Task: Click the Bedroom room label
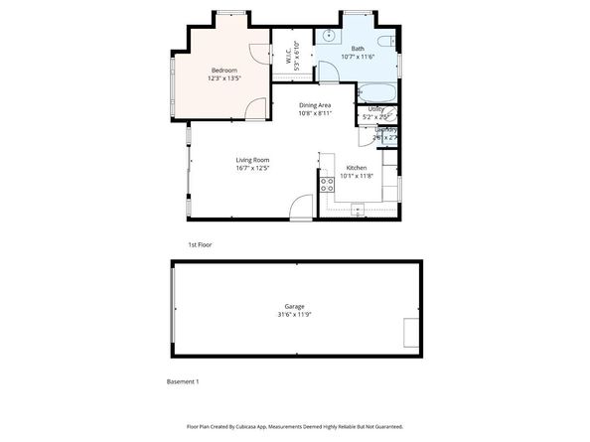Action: [223, 70]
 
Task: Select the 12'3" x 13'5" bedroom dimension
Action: [223, 78]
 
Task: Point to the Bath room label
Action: [358, 49]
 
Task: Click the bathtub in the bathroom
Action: [377, 94]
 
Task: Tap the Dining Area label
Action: [315, 104]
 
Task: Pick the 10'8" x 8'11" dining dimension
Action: [315, 113]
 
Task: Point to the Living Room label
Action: [252, 160]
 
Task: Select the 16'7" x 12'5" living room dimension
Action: [252, 169]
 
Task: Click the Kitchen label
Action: [356, 168]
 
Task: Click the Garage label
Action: [294, 306]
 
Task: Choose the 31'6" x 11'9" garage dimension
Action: [294, 315]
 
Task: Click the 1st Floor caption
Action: [200, 244]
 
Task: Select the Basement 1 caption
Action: [183, 381]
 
